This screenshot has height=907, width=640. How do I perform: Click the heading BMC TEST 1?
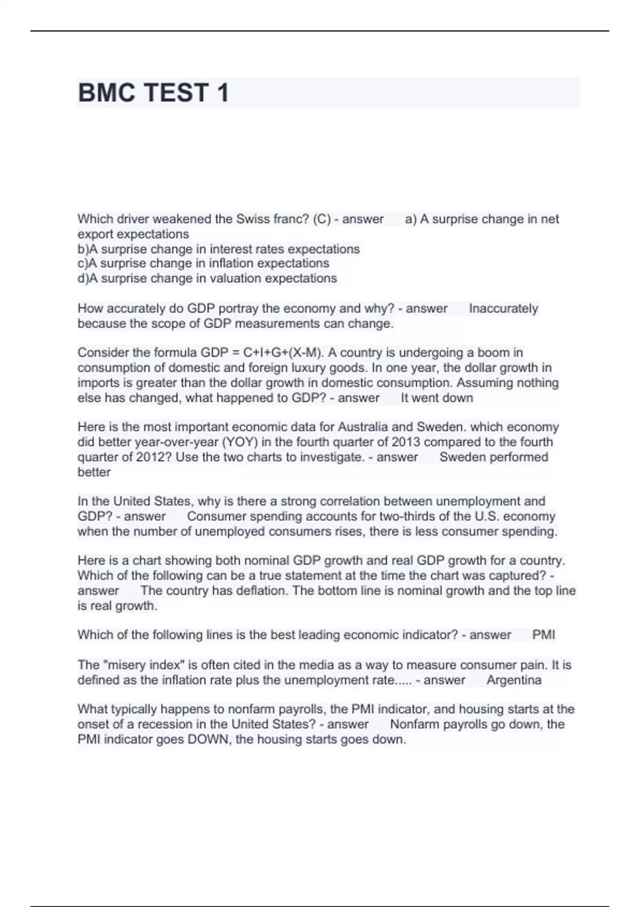154,93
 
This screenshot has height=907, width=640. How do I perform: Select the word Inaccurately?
503,308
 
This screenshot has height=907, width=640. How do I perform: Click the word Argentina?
514,680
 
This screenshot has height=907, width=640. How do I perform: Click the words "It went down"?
437,398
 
